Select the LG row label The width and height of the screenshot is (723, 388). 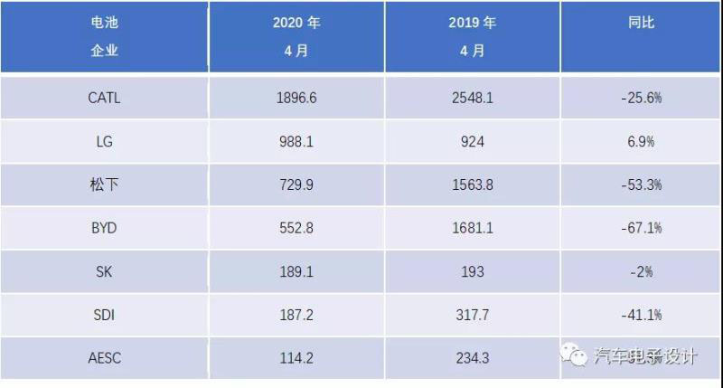tap(104, 142)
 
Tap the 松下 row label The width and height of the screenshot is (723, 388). tap(104, 185)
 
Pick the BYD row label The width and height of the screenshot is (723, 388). tap(104, 228)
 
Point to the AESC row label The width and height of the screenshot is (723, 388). tap(104, 358)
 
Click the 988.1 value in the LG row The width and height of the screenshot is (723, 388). tap(296, 142)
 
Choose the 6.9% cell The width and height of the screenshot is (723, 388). tap(641, 142)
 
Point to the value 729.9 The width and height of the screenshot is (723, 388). tap(296, 185)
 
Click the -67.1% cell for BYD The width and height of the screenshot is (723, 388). tap(641, 228)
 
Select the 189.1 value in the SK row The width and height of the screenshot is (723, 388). tap(296, 271)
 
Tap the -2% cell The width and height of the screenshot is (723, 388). tap(641, 271)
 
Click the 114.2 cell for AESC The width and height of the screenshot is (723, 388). tap(296, 358)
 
